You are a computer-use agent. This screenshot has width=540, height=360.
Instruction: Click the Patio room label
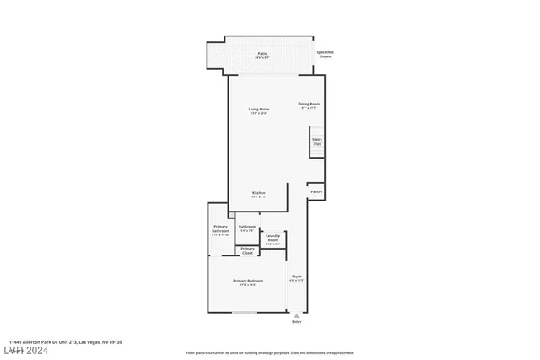point(262,53)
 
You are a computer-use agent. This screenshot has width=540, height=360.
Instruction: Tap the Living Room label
point(258,109)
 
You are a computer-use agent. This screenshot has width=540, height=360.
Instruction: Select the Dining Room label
point(310,104)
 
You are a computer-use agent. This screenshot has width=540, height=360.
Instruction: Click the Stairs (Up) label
point(317,141)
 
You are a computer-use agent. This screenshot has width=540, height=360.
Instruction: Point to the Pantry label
point(316,191)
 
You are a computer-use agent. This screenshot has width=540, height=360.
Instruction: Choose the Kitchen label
point(259,193)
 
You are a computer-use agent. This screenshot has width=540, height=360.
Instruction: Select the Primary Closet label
point(247,250)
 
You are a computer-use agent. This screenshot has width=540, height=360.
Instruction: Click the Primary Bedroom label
point(248,281)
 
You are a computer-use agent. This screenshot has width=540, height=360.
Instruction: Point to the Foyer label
point(296,277)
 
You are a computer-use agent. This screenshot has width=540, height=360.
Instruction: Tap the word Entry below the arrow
point(296,322)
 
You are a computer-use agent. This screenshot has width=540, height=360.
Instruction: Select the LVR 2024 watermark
point(26,348)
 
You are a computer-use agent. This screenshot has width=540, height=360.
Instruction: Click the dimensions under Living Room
point(258,113)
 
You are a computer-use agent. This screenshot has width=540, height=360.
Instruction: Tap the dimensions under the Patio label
point(262,57)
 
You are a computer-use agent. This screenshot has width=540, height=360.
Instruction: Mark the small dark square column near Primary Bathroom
point(231,215)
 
